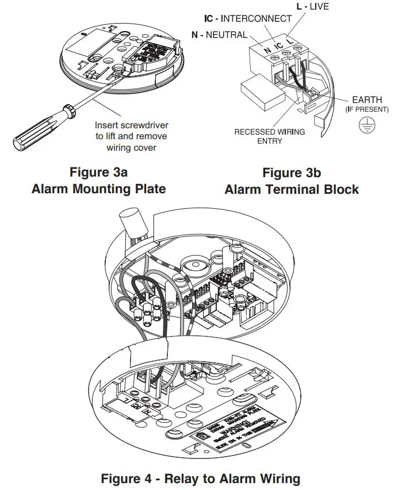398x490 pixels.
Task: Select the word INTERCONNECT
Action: pos(252,18)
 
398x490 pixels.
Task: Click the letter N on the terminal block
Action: pos(267,50)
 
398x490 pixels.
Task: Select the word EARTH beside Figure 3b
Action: pos(367,100)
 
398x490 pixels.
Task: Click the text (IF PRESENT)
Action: pos(367,109)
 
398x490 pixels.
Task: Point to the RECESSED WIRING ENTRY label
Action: pos(269,136)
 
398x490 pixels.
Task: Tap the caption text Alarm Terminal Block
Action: pos(291,189)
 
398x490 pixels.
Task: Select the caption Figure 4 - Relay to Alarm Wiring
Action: pos(200,478)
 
